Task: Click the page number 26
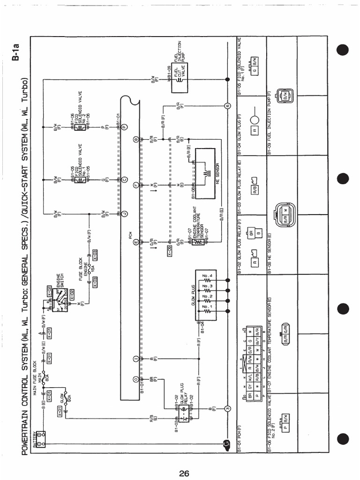pos(183,473)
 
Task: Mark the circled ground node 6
pos(227,105)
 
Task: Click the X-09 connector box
pos(169,254)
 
